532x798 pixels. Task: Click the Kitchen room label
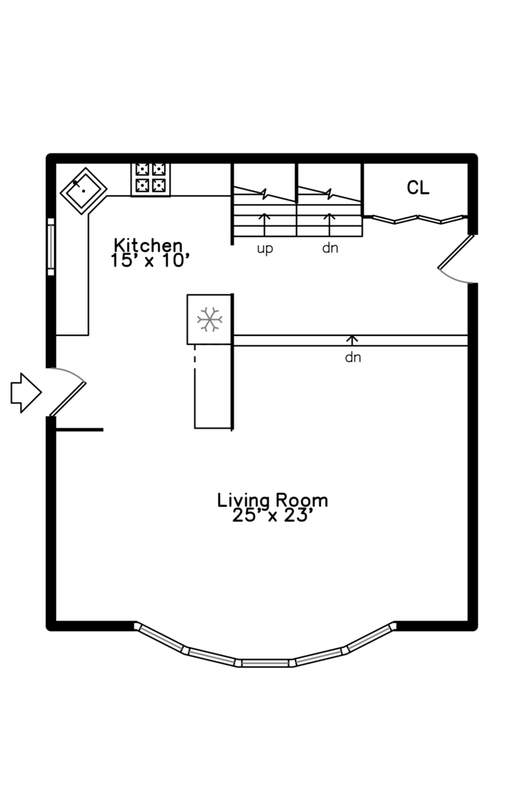(148, 245)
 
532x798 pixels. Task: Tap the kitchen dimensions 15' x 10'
(150, 260)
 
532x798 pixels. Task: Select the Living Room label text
(272, 500)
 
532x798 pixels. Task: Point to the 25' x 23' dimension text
(273, 516)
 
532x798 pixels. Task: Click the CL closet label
(417, 188)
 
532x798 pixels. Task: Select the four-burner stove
(150, 178)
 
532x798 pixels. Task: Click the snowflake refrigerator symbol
(210, 319)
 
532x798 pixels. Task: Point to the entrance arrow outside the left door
(24, 392)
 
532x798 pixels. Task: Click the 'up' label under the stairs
(265, 248)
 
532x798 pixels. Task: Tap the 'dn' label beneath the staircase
(330, 248)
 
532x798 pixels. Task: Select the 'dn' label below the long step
(352, 358)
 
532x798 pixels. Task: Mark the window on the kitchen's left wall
(51, 246)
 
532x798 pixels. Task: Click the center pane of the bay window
(265, 663)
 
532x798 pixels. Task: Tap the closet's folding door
(417, 219)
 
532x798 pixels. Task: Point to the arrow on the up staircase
(265, 221)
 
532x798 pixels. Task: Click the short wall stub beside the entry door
(79, 429)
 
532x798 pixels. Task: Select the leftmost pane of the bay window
(160, 638)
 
